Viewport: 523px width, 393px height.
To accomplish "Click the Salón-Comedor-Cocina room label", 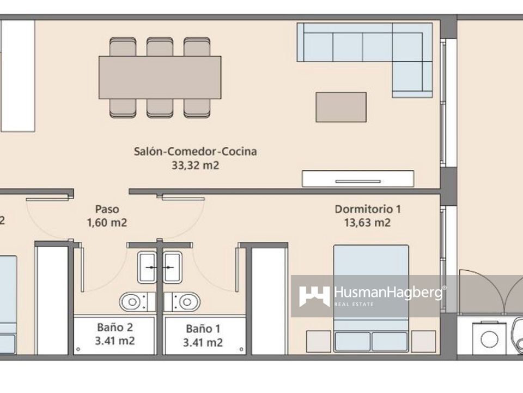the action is (195, 151).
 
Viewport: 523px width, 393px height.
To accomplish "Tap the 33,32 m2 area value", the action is (195, 165).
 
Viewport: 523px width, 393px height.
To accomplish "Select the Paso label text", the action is (107, 209).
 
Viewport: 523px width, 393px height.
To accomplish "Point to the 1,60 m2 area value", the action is (107, 223).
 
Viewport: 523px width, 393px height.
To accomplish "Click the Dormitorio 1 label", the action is (368, 209).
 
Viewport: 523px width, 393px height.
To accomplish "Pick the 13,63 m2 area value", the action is (367, 223).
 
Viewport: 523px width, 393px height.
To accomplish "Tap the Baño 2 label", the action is (115, 327).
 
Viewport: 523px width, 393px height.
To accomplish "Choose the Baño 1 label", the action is (203, 329).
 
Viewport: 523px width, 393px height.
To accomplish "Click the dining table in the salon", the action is (160, 77).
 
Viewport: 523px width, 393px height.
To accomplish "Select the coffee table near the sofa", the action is (341, 108).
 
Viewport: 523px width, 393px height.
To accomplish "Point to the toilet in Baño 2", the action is (137, 302).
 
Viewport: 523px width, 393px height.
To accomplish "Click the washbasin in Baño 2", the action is (147, 267).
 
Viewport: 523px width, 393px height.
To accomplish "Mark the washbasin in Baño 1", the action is (172, 267).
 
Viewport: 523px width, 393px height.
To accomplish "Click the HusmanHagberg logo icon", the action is (314, 296).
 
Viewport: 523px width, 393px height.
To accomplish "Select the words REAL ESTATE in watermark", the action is (354, 305).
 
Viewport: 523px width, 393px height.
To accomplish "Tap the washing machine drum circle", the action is (490, 339).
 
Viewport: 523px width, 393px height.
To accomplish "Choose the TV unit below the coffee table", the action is (358, 179).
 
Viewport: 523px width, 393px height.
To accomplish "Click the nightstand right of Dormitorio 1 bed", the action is (423, 341).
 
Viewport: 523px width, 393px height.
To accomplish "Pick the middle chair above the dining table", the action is (160, 46).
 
